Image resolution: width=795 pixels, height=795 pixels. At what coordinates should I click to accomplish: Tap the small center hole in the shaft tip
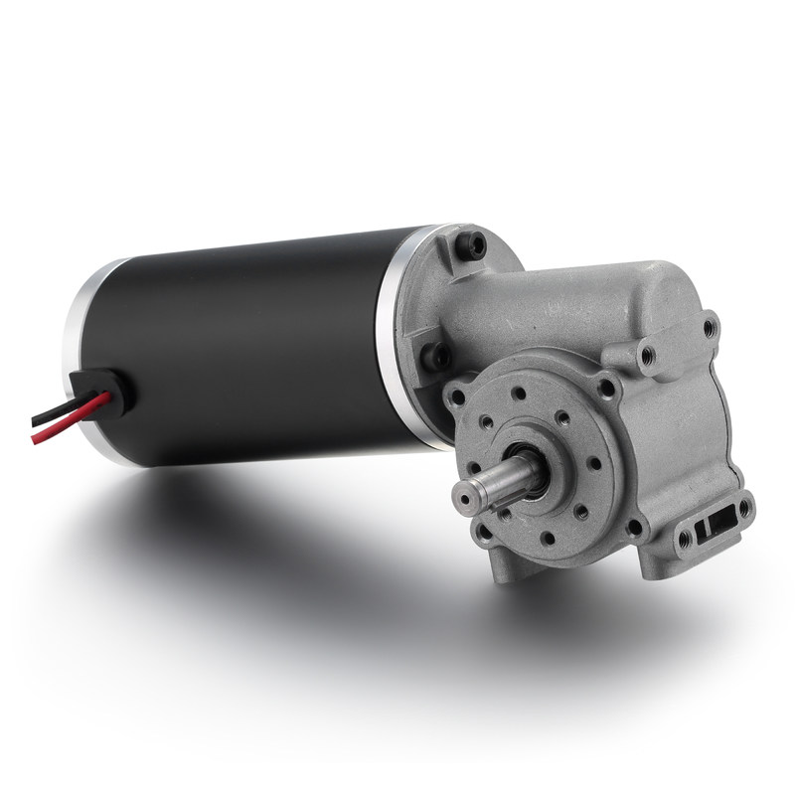pos(468,494)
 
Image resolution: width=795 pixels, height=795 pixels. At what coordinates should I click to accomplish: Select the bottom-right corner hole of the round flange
pos(634,528)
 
